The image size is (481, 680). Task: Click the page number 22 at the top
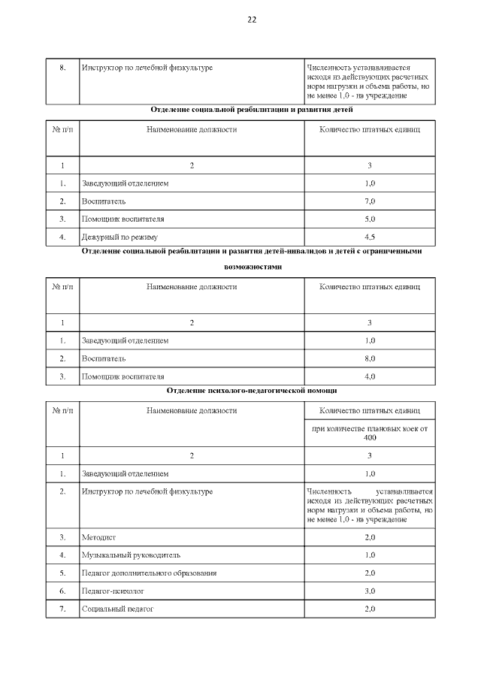(x=252, y=20)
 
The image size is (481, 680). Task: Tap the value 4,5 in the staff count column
(x=369, y=237)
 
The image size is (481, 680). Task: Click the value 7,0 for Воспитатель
(x=369, y=201)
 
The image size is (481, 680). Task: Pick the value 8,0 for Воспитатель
(x=369, y=358)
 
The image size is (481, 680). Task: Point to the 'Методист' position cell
(x=98, y=537)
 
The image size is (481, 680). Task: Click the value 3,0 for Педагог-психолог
(x=369, y=591)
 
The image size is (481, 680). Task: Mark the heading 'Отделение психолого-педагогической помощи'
(x=252, y=391)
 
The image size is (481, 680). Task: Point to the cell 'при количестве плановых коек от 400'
(x=369, y=433)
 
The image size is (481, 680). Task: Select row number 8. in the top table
(x=63, y=68)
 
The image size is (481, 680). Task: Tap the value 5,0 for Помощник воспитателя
(x=369, y=219)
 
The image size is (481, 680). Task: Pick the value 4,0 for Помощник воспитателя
(x=369, y=376)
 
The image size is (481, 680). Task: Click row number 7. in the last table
(x=63, y=609)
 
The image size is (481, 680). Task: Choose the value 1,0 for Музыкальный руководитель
(x=369, y=555)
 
